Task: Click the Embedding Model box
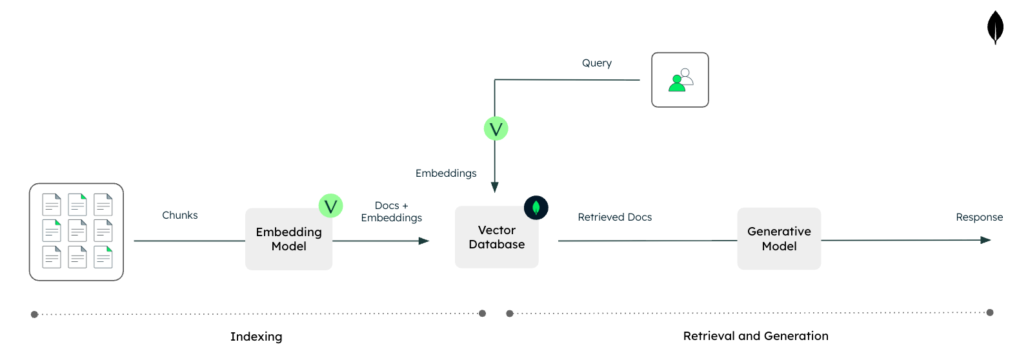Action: click(288, 239)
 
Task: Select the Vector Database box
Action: click(496, 237)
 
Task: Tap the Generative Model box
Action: click(779, 239)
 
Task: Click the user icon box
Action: click(680, 80)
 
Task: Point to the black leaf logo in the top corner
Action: click(995, 27)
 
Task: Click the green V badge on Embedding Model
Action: click(330, 206)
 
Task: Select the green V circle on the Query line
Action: click(496, 128)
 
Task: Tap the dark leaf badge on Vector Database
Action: click(536, 208)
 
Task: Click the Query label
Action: click(596, 63)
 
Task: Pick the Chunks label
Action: click(179, 215)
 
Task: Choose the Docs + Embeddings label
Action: click(391, 212)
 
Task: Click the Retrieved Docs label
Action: click(614, 217)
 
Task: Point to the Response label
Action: click(979, 217)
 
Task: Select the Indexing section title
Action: click(256, 337)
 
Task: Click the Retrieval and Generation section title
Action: click(756, 336)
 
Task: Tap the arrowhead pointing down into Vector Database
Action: click(495, 187)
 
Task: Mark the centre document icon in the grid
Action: click(77, 230)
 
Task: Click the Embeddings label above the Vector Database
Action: click(446, 174)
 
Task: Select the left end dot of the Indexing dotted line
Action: click(35, 314)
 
